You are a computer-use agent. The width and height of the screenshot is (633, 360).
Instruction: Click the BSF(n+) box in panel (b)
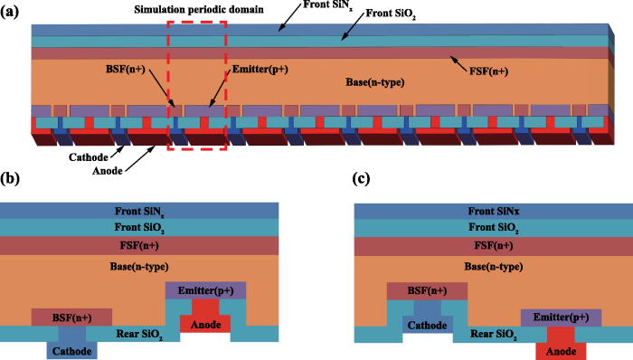[71, 317]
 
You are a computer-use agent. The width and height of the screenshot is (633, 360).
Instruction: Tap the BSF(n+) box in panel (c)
[425, 290]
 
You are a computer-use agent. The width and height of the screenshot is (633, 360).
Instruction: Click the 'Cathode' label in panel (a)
[63, 155]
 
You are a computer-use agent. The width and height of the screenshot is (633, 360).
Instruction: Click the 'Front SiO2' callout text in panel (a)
[404, 15]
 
